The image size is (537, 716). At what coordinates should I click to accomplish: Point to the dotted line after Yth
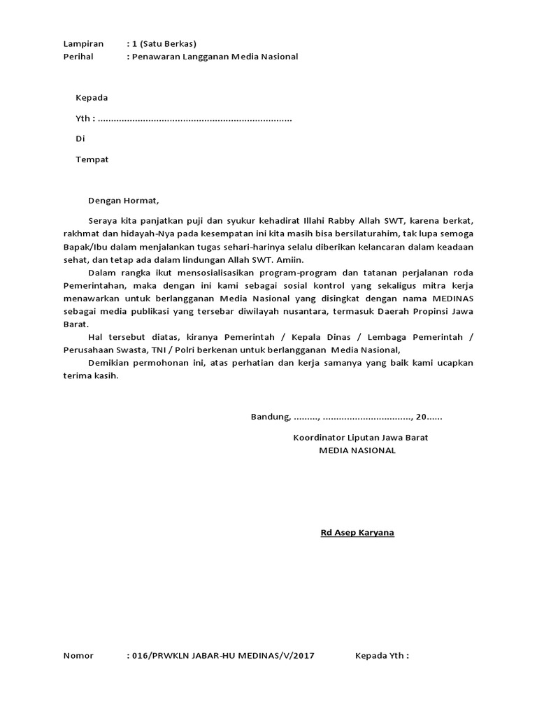195,120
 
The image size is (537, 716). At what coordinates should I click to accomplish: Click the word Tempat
92,159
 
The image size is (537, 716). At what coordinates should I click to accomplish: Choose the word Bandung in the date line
270,417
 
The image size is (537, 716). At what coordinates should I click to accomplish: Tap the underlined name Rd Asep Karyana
357,533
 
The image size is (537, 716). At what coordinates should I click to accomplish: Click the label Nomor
78,656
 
